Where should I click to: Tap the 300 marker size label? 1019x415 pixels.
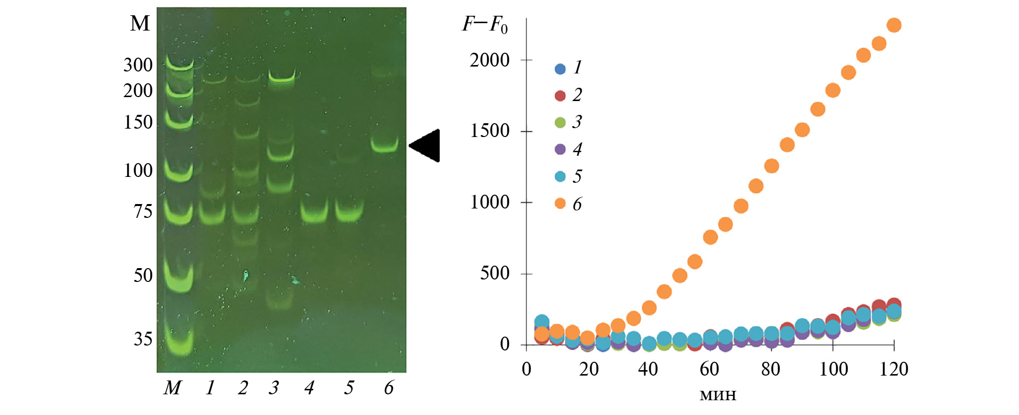point(138,65)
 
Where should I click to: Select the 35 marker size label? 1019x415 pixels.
point(143,339)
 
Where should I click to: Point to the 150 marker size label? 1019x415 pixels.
point(138,122)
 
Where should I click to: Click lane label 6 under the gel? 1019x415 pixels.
point(388,388)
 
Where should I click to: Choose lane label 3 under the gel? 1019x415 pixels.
point(274,388)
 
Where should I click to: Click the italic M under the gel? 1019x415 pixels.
point(173,388)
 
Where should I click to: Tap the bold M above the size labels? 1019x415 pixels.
point(140,24)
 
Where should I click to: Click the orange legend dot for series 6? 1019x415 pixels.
point(560,204)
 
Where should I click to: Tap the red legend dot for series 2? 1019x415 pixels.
point(560,96)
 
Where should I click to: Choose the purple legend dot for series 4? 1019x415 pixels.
point(560,149)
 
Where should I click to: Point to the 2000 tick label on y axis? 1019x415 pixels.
point(490,61)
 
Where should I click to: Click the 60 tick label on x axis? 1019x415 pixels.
point(709,369)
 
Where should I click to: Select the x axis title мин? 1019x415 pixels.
point(718,395)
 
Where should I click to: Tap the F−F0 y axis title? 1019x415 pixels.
point(485,24)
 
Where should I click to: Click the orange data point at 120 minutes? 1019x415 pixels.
point(894,25)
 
